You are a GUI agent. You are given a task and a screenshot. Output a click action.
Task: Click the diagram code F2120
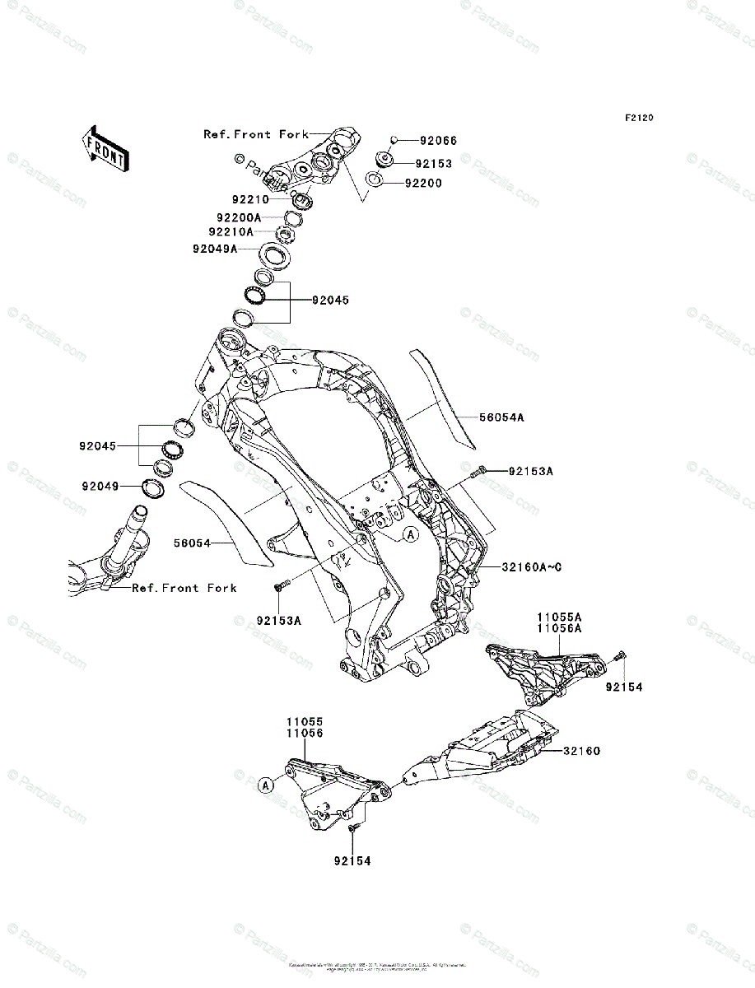[x=638, y=118]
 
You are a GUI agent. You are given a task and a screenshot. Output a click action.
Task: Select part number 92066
[x=437, y=141]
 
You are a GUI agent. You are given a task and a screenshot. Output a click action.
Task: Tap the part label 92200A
[x=239, y=217]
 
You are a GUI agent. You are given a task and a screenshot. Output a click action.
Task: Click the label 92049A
[x=215, y=248]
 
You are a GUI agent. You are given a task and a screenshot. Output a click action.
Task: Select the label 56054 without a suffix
[x=193, y=543]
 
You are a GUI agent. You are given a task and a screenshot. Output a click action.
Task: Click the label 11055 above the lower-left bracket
[x=305, y=720]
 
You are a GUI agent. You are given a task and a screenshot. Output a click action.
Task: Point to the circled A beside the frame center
[x=410, y=534]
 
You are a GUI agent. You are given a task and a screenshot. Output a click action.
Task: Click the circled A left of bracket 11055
[x=266, y=785]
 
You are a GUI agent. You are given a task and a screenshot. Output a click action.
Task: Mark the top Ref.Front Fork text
[x=256, y=133]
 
